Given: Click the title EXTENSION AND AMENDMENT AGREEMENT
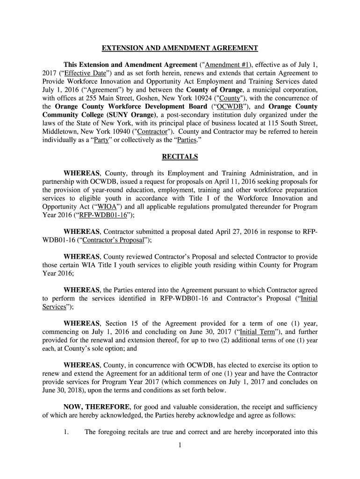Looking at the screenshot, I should (180, 48).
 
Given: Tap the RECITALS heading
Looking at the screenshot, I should (180, 157).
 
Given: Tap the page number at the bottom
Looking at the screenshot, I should (180, 445).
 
